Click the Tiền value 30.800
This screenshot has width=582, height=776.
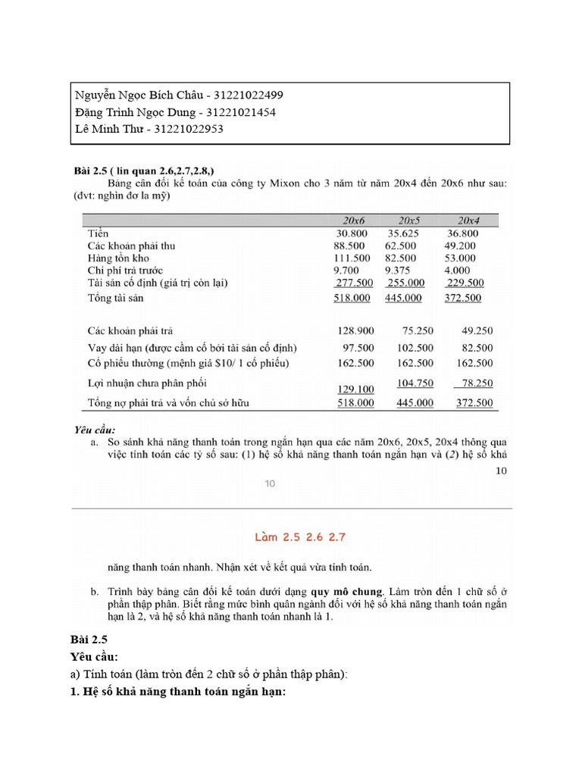click(352, 233)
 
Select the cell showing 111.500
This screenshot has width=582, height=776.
click(352, 258)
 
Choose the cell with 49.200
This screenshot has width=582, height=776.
click(461, 246)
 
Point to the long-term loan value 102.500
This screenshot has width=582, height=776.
click(415, 348)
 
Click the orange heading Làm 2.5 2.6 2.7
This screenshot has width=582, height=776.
click(291, 537)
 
